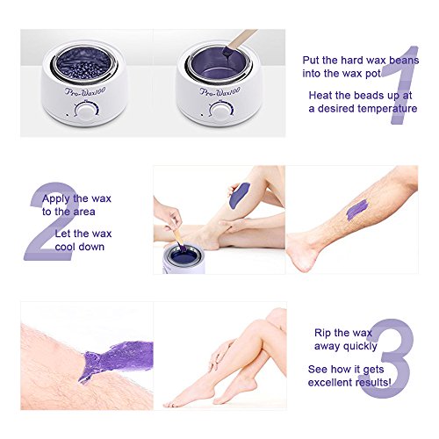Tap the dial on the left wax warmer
coord(86,111)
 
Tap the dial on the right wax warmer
coord(221,112)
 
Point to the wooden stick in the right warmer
coord(239,42)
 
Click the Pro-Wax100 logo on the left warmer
coord(85,91)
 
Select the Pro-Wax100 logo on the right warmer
coord(219,91)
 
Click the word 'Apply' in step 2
coord(56,199)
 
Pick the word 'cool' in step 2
coord(65,247)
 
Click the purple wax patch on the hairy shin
coord(357,210)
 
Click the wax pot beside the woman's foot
coord(184,260)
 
